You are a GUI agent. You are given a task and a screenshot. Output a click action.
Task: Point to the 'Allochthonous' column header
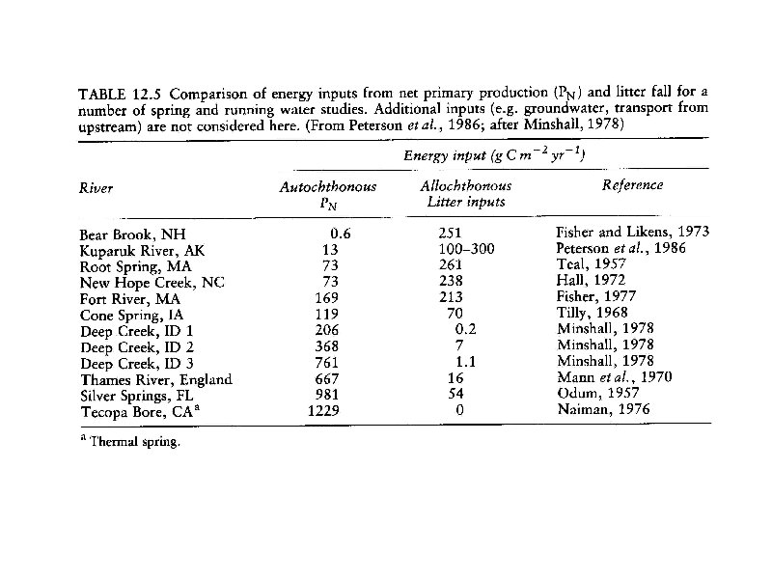466,186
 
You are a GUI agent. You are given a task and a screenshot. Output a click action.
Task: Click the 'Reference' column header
632,185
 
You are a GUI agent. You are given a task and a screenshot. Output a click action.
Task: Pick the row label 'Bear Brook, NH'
125,233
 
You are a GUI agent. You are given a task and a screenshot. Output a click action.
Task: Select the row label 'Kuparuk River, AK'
135,249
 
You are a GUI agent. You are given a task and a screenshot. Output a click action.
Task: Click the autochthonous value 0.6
339,233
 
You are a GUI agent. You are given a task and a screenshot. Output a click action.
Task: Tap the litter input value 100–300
464,249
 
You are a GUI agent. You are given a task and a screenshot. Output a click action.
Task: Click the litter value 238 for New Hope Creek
451,281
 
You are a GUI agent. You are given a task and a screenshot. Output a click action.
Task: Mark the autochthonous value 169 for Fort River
328,297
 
